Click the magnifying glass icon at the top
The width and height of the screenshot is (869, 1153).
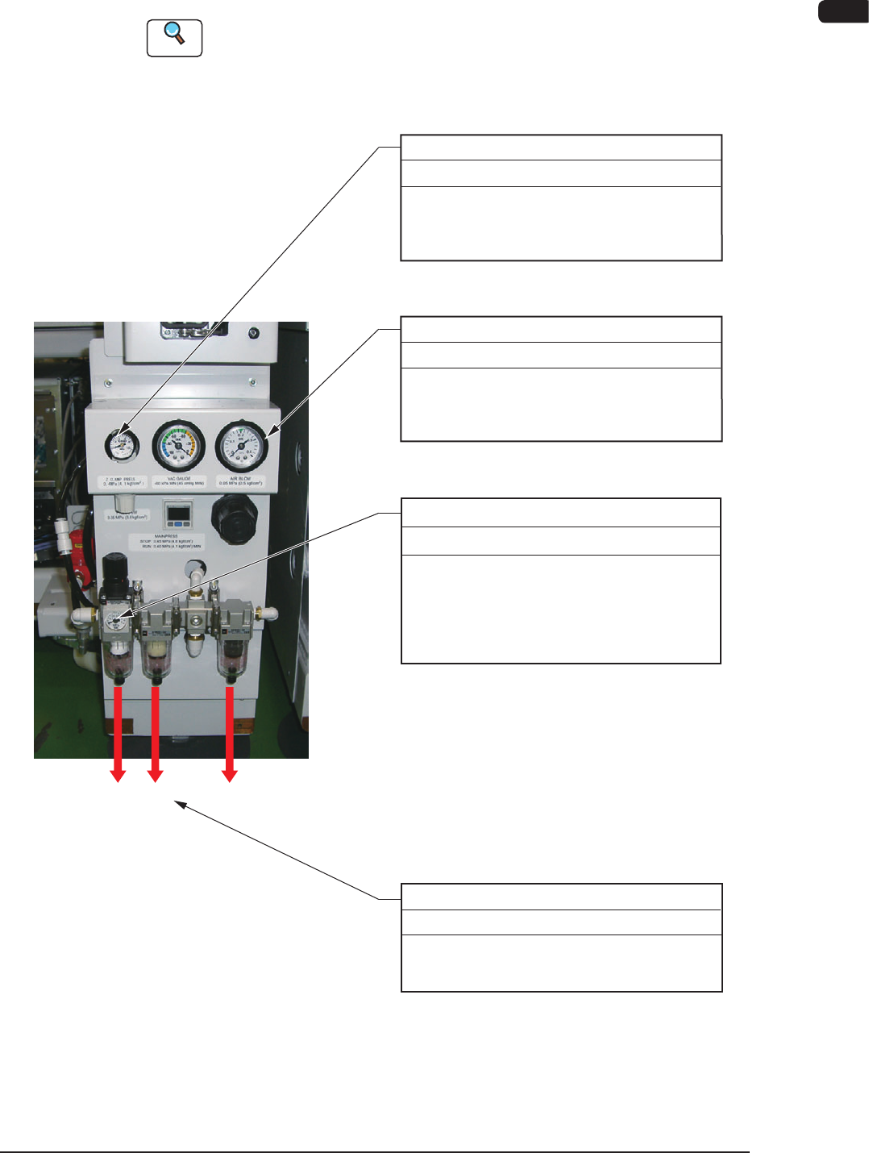[174, 37]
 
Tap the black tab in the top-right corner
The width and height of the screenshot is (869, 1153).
[843, 11]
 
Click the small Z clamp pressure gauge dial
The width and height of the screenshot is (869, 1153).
[122, 443]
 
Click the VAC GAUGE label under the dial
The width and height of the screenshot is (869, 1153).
[179, 481]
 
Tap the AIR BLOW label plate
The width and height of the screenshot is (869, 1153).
[240, 481]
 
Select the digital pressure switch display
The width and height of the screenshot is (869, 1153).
[178, 513]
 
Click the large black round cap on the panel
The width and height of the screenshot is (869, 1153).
[235, 518]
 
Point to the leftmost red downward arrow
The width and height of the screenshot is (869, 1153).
[118, 734]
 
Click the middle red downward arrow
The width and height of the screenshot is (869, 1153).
[156, 734]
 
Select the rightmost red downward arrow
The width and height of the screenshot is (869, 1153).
[230, 734]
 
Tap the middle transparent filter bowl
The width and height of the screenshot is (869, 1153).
[156, 657]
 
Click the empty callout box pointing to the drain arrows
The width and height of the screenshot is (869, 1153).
[561, 937]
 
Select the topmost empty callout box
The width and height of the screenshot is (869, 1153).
[561, 198]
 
